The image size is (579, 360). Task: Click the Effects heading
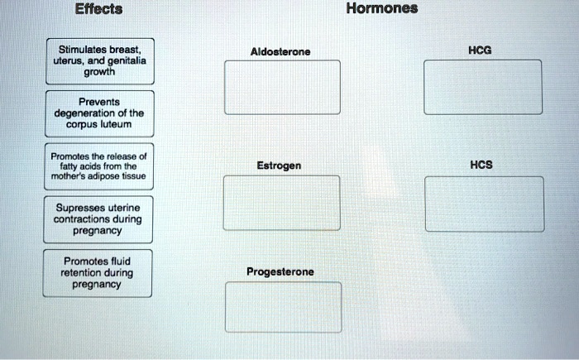point(98,10)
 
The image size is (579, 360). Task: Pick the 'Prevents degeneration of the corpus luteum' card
point(99,113)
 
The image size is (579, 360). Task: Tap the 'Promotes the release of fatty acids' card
point(98,166)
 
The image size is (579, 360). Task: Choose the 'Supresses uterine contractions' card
point(98,218)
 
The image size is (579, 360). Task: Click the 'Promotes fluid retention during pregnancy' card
point(98,272)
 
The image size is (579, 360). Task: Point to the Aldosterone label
point(281,51)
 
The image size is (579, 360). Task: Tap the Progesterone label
point(280,271)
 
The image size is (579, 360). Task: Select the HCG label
point(480,50)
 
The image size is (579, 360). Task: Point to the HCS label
point(481,165)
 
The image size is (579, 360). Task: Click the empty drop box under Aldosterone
point(282,87)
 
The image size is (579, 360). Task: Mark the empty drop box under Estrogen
point(281,203)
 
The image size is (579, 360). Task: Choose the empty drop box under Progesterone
point(282,307)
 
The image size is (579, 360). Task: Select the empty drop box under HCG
point(483,86)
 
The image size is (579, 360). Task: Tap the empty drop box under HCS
point(485,204)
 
